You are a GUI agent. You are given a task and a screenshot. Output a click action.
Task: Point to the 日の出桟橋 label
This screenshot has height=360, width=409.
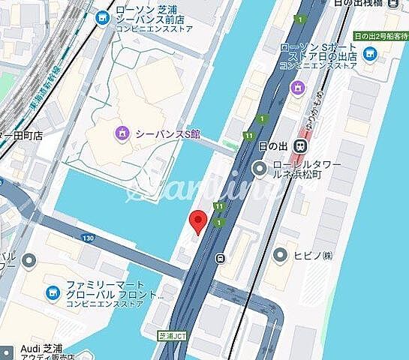[x=380, y=5]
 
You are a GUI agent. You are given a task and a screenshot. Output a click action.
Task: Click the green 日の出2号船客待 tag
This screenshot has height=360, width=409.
[x=380, y=35]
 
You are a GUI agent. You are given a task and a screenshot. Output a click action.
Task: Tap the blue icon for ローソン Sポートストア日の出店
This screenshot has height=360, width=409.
[x=369, y=53]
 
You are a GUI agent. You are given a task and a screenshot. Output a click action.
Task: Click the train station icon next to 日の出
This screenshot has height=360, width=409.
[x=299, y=145]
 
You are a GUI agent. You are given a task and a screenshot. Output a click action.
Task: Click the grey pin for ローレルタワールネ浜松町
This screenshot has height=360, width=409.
[x=258, y=169]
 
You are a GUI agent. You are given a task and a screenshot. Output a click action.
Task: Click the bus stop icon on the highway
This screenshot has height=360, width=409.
[x=220, y=259]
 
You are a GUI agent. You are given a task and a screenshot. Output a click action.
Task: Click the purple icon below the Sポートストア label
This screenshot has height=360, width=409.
[x=298, y=88]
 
